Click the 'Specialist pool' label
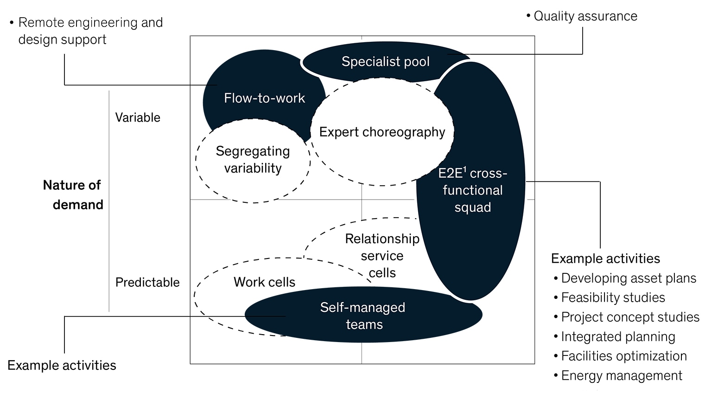(x=385, y=62)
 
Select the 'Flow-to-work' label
(x=264, y=98)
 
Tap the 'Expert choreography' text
(x=382, y=132)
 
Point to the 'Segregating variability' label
(x=253, y=160)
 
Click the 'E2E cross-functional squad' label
(x=472, y=190)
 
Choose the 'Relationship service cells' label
(x=382, y=256)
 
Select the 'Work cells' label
(x=264, y=282)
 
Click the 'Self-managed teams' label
(x=363, y=316)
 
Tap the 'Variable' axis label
(x=138, y=117)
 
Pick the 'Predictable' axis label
(x=147, y=282)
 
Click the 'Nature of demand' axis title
(x=73, y=195)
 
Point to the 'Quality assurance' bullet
(x=585, y=16)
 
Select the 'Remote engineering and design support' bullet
(x=90, y=31)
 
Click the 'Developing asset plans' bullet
(x=628, y=278)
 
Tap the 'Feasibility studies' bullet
(x=612, y=298)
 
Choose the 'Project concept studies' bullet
(x=629, y=317)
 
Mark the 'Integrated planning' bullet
(x=617, y=336)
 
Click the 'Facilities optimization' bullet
(x=623, y=356)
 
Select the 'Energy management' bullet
(x=621, y=375)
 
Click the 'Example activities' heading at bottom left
(x=62, y=366)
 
